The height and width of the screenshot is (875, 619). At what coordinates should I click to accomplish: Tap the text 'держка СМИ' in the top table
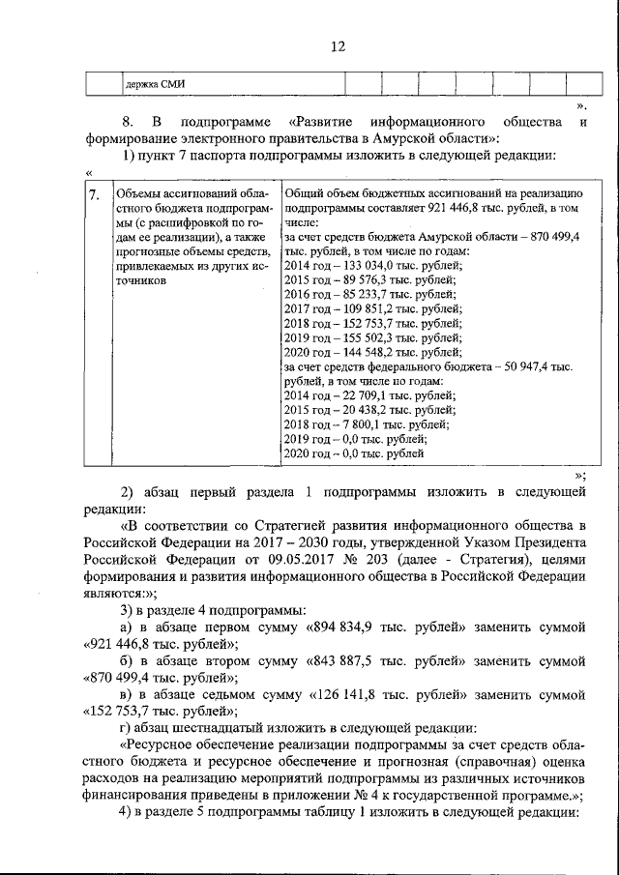point(155,84)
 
